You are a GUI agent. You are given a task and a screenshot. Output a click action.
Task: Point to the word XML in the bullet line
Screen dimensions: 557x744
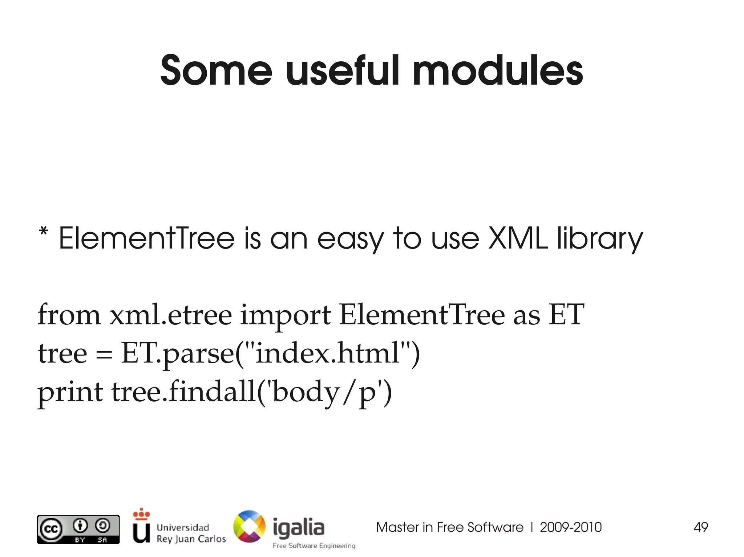517,238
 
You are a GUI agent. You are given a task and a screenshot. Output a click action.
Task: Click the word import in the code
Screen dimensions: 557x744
285,315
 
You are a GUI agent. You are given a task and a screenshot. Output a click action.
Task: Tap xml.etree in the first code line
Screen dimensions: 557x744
170,315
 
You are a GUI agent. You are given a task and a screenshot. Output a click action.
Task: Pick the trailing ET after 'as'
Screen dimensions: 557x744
566,314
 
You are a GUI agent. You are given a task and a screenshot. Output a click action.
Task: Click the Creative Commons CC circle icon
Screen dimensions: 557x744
50,529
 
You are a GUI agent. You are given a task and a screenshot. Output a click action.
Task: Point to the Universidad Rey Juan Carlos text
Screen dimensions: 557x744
191,533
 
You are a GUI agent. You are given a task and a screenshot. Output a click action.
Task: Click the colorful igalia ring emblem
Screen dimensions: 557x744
249,527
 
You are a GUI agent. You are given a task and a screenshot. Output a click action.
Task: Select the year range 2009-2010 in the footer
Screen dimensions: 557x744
570,527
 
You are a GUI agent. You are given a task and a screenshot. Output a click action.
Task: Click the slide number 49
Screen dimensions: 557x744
700,527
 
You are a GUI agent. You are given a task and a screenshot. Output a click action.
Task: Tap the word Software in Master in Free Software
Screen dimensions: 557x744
495,527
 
